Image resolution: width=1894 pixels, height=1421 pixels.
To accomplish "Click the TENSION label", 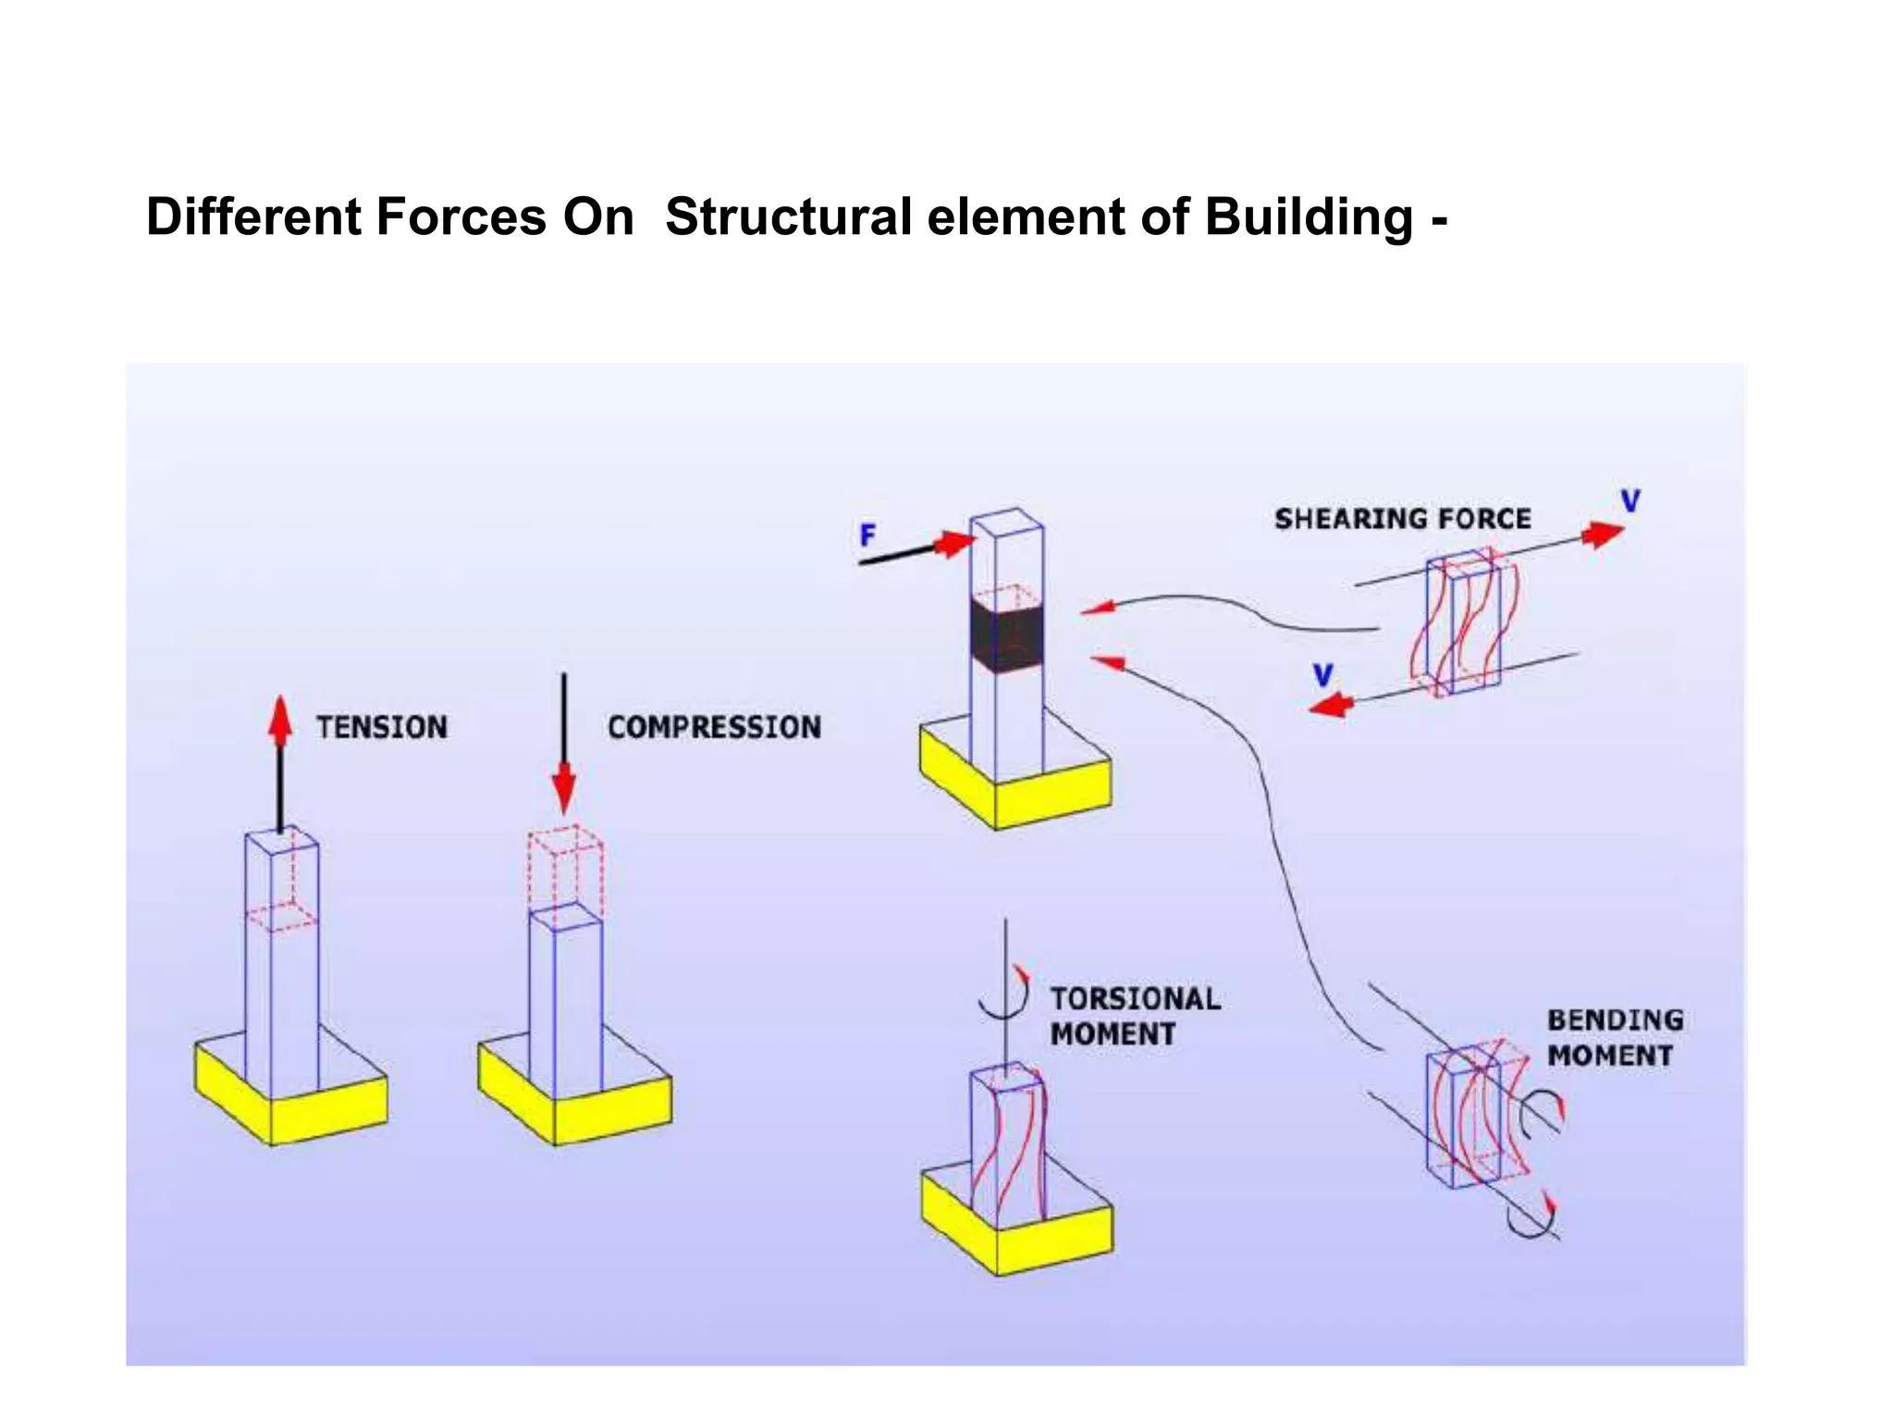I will pos(382,727).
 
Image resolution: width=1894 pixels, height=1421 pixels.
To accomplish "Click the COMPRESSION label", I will pos(714,727).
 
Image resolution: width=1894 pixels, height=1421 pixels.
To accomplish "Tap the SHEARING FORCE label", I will pos(1402,519).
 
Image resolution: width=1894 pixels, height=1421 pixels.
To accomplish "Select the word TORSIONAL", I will pos(1135,999).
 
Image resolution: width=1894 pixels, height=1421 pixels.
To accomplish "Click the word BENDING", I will pos(1615,1019).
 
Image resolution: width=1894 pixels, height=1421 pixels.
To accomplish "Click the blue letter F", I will pos(867,535).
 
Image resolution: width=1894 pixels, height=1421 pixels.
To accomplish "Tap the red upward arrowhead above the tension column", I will pos(280,720).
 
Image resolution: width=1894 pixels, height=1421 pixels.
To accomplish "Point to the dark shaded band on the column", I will pos(1006,636).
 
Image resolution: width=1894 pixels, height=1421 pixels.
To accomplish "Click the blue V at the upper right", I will pos(1630,501).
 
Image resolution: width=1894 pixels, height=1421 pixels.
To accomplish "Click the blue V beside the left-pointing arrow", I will pos(1323,675).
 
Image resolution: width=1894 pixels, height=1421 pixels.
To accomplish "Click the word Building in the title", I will pos(1309,218).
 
